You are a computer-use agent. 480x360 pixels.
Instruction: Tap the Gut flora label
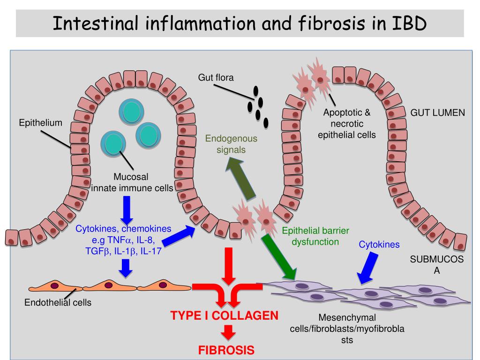216,77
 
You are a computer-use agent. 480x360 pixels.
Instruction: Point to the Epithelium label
40,123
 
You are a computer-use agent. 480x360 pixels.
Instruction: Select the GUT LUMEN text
438,113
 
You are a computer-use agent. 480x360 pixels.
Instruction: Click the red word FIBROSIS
226,350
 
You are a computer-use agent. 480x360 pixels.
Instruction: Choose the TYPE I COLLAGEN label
224,315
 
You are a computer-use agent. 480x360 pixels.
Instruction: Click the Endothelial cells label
58,302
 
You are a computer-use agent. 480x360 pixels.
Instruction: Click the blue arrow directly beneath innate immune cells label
126,209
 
